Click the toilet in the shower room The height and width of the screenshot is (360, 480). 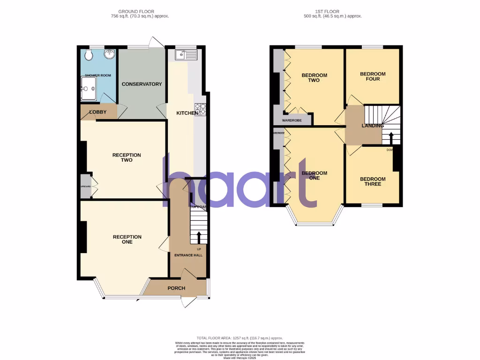(x=89, y=55)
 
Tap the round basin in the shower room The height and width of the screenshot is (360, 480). (x=109, y=54)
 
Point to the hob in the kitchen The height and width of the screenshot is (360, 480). (x=200, y=109)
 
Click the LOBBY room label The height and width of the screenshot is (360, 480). (x=98, y=112)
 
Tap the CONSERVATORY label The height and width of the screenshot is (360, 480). (x=142, y=84)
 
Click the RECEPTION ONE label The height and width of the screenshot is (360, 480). (x=127, y=240)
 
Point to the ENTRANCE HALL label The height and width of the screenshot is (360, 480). (x=188, y=255)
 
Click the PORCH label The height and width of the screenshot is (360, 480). (x=176, y=288)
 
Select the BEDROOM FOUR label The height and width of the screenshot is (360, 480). (x=373, y=76)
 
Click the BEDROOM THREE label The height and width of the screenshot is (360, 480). (x=373, y=181)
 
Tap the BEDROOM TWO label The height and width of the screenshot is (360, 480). (x=314, y=78)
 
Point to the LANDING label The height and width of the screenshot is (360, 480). (x=373, y=126)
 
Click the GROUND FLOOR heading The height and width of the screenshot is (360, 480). (x=136, y=11)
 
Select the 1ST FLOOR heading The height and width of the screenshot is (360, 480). (x=333, y=11)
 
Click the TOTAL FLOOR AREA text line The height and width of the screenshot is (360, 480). (x=240, y=338)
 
